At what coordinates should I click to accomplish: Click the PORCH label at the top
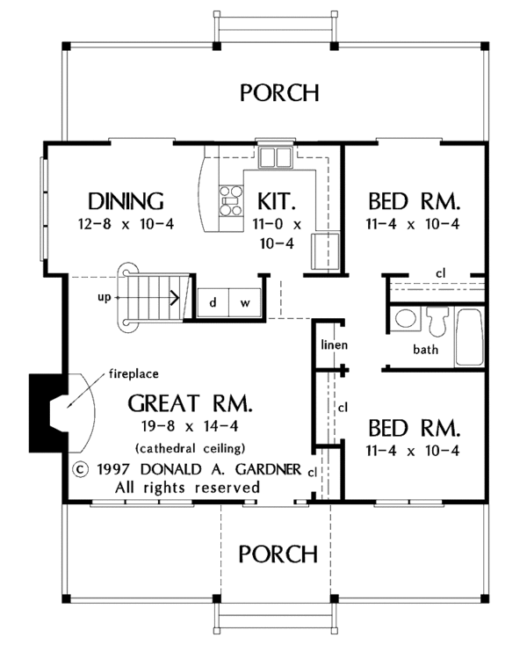(279, 92)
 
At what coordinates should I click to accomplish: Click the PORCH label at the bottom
(278, 554)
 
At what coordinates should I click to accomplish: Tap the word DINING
(126, 199)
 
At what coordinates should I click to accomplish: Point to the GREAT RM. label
(190, 405)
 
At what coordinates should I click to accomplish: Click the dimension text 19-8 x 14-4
(190, 428)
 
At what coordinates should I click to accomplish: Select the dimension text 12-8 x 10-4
(126, 224)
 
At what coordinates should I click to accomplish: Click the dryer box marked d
(213, 302)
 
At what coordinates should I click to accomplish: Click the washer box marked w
(245, 302)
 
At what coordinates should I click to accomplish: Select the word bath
(426, 349)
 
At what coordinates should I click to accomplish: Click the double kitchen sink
(274, 157)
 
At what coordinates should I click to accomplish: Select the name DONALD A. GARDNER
(235, 467)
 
